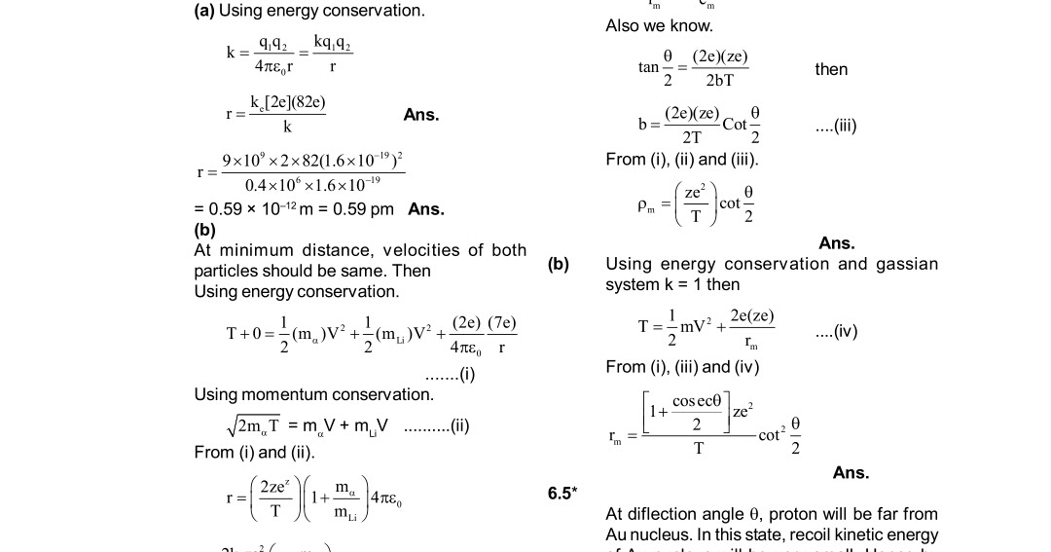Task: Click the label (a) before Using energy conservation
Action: [204, 11]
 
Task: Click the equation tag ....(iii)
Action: [836, 126]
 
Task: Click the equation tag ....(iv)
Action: [836, 331]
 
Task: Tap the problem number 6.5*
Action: [561, 494]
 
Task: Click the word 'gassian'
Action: [906, 264]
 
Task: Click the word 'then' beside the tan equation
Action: [831, 69]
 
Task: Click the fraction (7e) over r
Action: [501, 334]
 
